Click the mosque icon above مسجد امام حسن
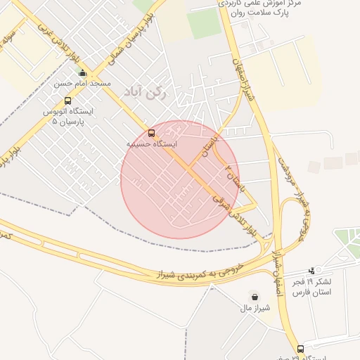82,72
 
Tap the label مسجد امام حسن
82,84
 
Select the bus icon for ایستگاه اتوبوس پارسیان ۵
67,101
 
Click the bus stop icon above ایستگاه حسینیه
152,133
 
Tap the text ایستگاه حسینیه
152,143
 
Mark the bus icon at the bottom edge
301,349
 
